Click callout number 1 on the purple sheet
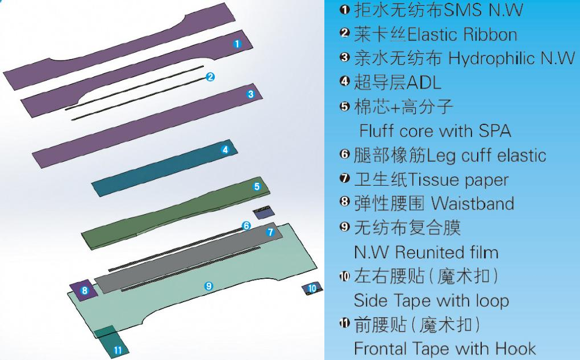tap(237, 43)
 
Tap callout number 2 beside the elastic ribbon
tap(210, 77)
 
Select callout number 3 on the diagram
tap(251, 94)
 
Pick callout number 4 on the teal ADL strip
tap(225, 150)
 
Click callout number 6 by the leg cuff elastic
tap(246, 226)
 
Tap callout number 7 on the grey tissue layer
tap(270, 232)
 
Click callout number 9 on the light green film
tap(208, 286)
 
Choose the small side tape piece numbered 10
tap(312, 288)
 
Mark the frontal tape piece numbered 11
tap(118, 350)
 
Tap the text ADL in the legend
tap(423, 83)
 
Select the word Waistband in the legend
tap(472, 203)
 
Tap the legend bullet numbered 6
tap(344, 154)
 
